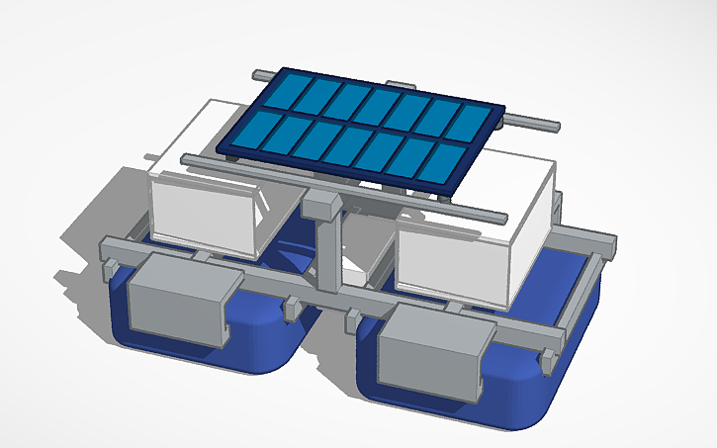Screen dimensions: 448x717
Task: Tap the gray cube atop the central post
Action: pyautogui.click(x=322, y=206)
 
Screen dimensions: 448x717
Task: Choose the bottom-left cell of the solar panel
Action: pyautogui.click(x=248, y=133)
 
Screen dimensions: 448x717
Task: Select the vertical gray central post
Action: pyautogui.click(x=326, y=256)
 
